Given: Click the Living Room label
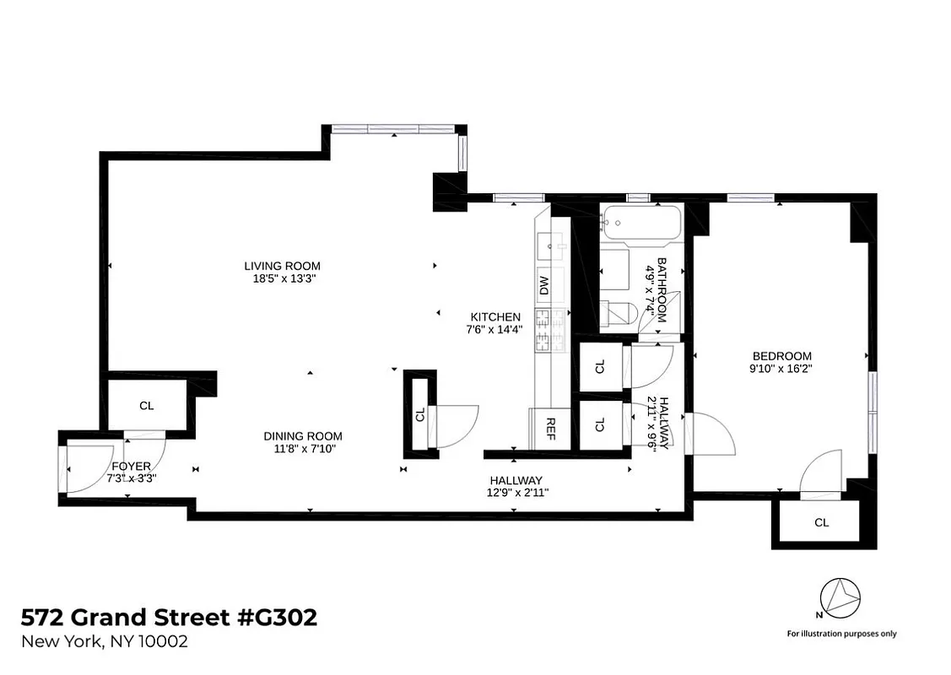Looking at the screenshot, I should click(283, 266).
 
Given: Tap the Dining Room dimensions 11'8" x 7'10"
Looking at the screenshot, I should click(303, 449).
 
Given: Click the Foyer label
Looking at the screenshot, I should click(131, 466).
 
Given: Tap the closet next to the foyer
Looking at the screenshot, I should click(147, 405).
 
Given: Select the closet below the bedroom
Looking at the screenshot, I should click(821, 522).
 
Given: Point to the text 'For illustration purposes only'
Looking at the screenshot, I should click(841, 634).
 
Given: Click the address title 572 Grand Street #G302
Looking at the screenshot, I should click(169, 618).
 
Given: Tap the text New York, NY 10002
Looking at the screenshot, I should click(104, 642).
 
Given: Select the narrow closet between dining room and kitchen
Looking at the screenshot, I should click(419, 414).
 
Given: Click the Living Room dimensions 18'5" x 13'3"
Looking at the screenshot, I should click(283, 278).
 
